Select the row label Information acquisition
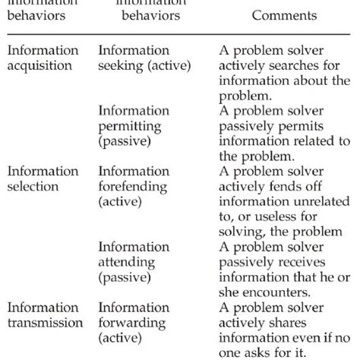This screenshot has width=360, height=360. [x=43, y=58]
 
